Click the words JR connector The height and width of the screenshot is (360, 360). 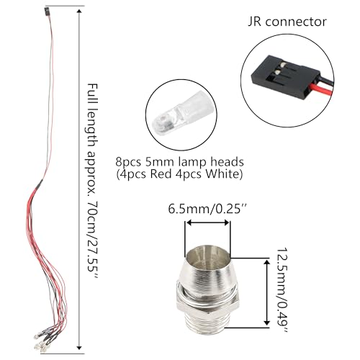pos(287,22)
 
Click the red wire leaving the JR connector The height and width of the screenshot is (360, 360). pos(322,89)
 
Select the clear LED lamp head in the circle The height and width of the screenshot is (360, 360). pos(181,113)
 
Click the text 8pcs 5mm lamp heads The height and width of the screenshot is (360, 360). pos(179,162)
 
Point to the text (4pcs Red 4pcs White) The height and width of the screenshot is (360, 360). pos(179,174)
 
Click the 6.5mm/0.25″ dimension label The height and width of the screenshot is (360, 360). pos(207,209)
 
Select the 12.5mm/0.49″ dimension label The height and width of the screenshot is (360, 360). pos(282,290)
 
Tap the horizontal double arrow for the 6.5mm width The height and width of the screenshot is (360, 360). pos(208,222)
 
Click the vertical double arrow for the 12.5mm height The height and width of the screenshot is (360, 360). pos(266,293)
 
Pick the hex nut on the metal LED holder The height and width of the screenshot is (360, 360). pos(208,301)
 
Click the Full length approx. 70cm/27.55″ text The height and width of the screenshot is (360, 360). pos(92,181)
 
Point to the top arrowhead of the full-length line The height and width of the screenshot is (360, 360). pos(79,12)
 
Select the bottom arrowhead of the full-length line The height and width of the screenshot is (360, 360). pos(79,348)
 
